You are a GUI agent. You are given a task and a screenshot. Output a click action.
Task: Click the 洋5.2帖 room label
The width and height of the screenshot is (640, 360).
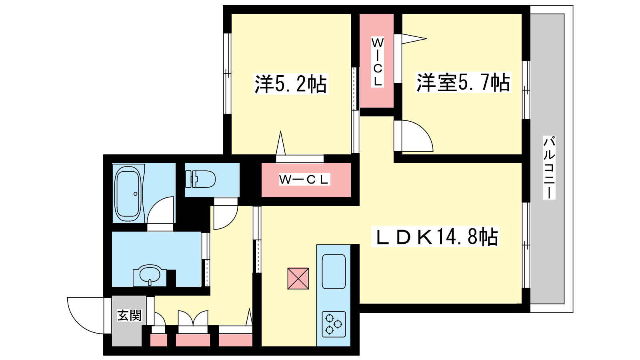tap(291, 84)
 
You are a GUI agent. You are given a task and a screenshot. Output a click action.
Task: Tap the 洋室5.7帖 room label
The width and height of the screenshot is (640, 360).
tap(463, 82)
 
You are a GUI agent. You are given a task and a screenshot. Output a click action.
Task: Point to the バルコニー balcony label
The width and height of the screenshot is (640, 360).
tap(549, 168)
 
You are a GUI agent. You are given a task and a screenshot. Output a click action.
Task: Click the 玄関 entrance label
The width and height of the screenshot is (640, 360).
tap(129, 316)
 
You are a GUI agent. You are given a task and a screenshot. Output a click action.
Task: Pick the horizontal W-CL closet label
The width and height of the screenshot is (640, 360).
tap(304, 179)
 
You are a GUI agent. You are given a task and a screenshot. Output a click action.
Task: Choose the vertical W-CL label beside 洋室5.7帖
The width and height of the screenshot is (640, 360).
tap(378, 62)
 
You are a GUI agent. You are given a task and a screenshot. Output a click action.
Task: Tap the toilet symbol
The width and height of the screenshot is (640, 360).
tap(200, 179)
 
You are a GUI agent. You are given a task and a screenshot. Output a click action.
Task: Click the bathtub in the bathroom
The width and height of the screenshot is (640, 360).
tap(128, 194)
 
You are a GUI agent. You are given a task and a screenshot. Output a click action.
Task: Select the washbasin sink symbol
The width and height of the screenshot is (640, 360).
tap(150, 275)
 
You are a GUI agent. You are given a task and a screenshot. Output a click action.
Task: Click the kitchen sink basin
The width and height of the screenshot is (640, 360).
tap(334, 272)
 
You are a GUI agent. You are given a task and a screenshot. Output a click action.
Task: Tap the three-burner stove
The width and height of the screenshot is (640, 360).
tap(334, 324)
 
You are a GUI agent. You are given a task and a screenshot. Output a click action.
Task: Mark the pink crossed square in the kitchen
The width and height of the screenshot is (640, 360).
tap(298, 278)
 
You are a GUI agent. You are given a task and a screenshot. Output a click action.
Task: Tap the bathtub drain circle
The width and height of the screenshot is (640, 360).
tap(136, 194)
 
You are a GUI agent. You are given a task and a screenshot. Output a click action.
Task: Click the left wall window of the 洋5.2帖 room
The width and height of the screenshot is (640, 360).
tap(227, 74)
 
